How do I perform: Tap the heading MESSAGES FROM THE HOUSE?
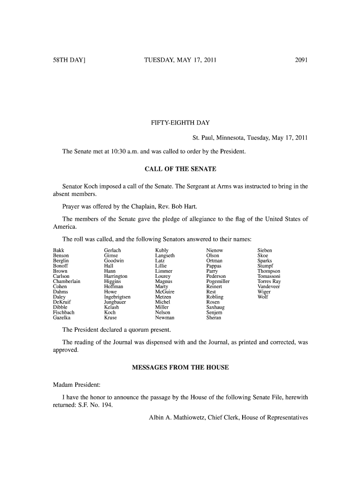point(180,367)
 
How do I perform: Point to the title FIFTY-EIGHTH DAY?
point(180,123)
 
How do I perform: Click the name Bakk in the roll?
point(59,251)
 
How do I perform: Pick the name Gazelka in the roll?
point(63,318)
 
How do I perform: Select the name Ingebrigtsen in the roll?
point(117,297)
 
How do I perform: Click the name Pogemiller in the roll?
point(218,282)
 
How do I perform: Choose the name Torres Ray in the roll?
point(269,282)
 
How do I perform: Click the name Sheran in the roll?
point(214,318)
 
